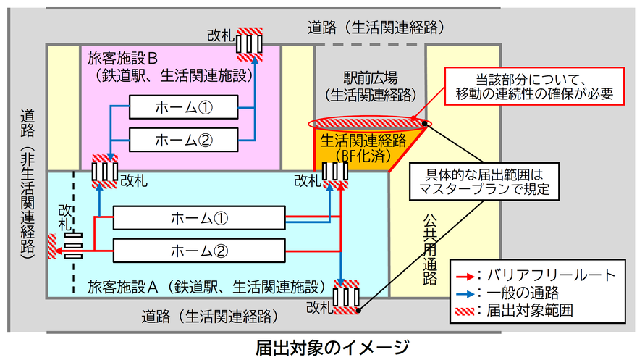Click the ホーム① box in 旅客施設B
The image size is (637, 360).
(183, 108)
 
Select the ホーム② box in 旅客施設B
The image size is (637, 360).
(183, 137)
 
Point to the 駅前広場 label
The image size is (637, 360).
(370, 78)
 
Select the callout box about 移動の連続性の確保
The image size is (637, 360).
(534, 85)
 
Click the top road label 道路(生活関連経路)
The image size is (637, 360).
(375, 28)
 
